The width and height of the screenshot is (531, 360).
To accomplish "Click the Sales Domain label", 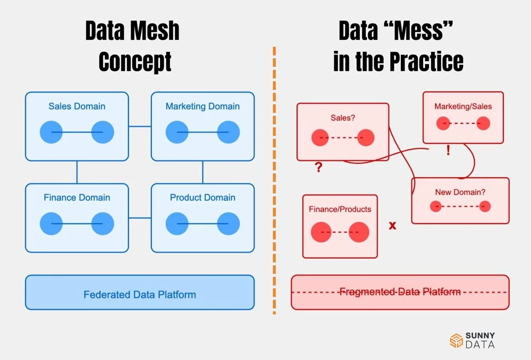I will [x=76, y=106].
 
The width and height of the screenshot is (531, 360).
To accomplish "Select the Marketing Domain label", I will [x=202, y=106].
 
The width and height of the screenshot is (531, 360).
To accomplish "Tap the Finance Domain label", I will [x=76, y=198].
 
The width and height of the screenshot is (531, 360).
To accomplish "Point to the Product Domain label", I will [x=202, y=198].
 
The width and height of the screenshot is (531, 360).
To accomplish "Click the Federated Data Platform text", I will [x=140, y=294].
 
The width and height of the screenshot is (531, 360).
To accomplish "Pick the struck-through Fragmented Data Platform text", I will [x=400, y=292].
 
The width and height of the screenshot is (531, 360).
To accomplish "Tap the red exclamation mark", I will [x=448, y=150].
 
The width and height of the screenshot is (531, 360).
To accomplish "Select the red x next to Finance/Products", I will [x=392, y=226].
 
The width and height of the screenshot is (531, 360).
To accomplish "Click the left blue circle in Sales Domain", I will [x=52, y=132].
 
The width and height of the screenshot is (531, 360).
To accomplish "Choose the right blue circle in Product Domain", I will [x=228, y=224].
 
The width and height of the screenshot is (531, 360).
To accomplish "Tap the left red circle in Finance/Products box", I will [x=321, y=232].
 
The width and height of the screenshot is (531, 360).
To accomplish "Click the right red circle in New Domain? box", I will [x=484, y=207].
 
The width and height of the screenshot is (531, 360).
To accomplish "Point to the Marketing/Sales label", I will [x=463, y=106].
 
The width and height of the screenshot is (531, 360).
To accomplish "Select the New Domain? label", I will [x=460, y=192].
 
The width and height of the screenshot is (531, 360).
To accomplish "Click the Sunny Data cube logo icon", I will [x=456, y=340].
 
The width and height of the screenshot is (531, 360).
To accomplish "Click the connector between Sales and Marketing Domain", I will [x=140, y=126].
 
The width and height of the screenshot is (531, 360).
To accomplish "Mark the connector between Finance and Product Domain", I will [x=140, y=218].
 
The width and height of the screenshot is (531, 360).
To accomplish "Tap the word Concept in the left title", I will [x=135, y=62].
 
